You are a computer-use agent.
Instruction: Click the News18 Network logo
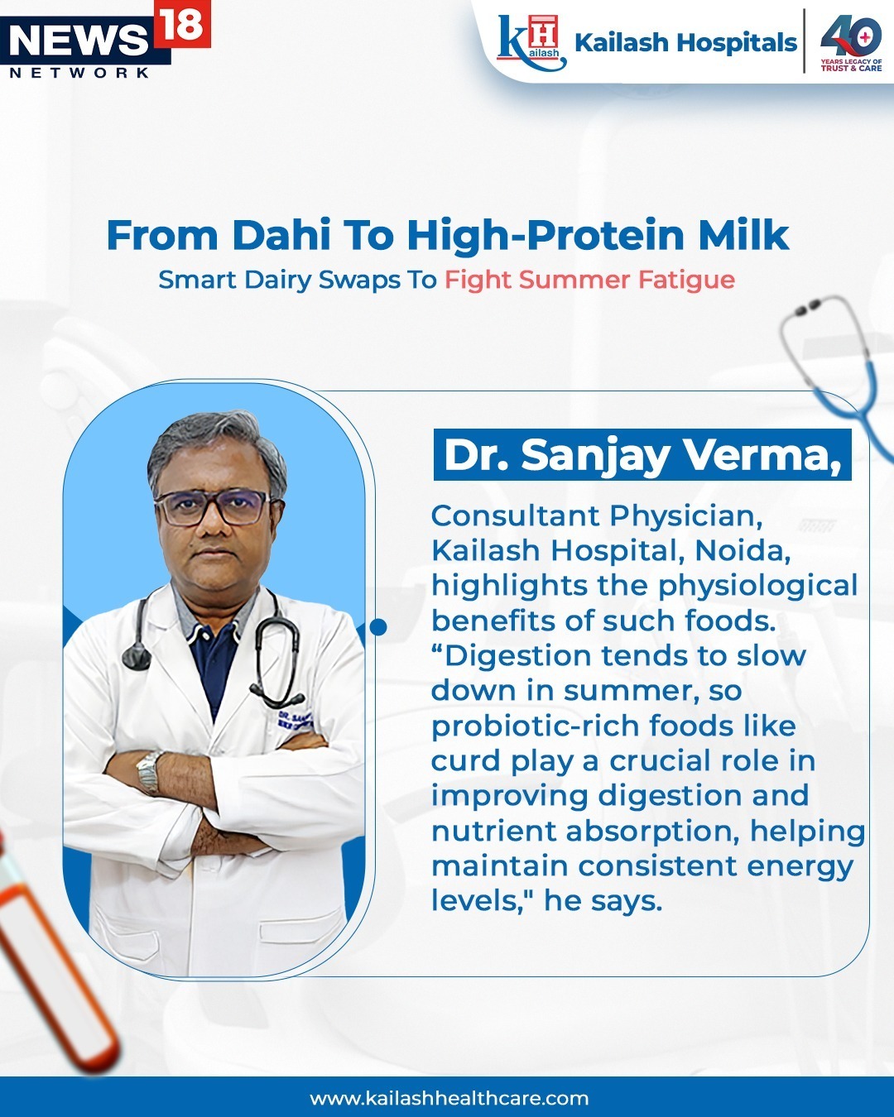coord(105,40)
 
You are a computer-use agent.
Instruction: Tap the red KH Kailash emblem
coord(531,42)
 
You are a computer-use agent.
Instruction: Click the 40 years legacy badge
coord(851,42)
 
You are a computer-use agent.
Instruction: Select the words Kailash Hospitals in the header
coord(685,42)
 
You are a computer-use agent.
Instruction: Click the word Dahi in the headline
coord(281,236)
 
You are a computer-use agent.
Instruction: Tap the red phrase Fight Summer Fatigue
coord(589,280)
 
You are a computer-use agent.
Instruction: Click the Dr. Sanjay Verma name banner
coord(642,454)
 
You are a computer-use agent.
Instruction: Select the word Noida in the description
coord(743,551)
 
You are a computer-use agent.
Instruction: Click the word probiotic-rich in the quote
coord(535,726)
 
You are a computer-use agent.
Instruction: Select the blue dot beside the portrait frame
coord(379,626)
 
